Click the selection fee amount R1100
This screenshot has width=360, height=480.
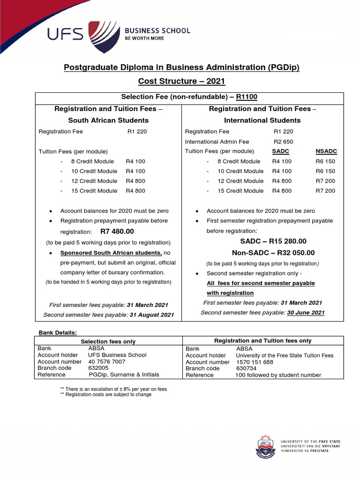pos(247,97)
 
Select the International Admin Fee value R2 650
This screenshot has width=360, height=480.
pos(283,142)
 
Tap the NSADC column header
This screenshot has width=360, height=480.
pos(326,151)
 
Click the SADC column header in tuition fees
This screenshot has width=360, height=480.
pos(280,151)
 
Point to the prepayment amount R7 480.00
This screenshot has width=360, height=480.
pos(117,232)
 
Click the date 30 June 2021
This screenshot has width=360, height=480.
pos(305,313)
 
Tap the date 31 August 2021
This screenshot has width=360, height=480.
pos(151,315)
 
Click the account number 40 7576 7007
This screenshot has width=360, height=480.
pos(107,361)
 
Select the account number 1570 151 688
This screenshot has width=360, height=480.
pos(255,362)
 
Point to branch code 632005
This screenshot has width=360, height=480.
pos(98,368)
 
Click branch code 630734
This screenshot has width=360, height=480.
pos(247,368)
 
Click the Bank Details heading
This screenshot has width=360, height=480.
pos(57,332)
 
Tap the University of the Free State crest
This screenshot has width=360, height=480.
pos(265,447)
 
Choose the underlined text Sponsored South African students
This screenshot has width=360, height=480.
pos(111,253)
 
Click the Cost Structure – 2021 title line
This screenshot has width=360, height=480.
pos(181,82)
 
